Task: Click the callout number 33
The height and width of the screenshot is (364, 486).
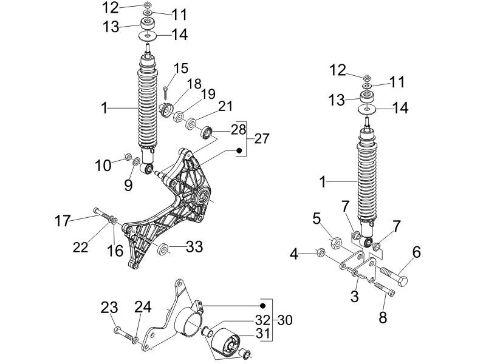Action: [194, 247]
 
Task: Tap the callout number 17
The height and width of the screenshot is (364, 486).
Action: [63, 221]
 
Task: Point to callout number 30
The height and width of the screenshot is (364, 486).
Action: [283, 319]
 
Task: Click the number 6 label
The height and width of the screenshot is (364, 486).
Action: [416, 251]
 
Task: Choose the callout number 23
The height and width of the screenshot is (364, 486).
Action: [109, 308]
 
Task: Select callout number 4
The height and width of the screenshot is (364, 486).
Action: [294, 254]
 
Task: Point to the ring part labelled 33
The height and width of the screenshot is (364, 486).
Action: [163, 249]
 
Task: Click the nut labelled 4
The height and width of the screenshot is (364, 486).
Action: [321, 252]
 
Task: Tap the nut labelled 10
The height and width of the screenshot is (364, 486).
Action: [128, 158]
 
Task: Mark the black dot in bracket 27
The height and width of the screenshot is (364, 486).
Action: [239, 150]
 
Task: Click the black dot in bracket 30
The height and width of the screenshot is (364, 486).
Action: [263, 305]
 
